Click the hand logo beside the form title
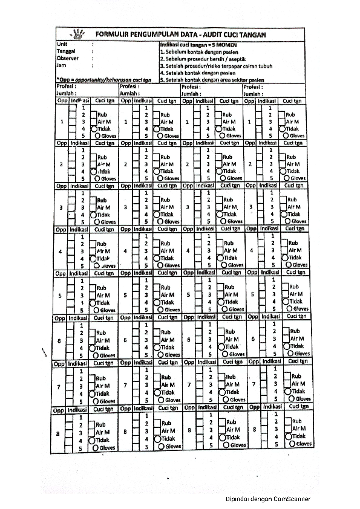coord(79,34)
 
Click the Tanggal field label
coord(66,52)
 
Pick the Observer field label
coord(67,58)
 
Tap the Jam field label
coord(61,65)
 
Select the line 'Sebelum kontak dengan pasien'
coord(199,53)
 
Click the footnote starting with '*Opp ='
coord(103,79)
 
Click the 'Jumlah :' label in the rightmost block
coord(254,94)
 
